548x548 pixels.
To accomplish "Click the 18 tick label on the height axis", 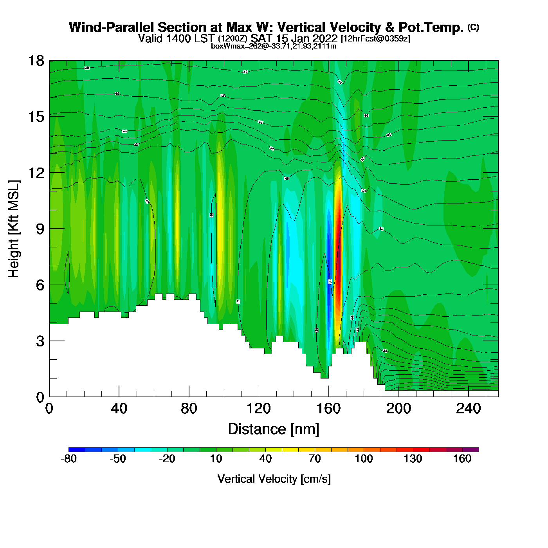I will [x=36, y=61].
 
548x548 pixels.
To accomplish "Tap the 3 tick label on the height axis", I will [x=40, y=341].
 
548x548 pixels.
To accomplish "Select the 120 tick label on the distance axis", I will [x=259, y=409].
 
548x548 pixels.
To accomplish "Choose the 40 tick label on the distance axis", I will [x=119, y=409].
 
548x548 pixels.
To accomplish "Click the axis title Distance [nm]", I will [x=274, y=429].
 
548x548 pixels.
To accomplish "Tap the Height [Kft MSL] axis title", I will [x=14, y=229].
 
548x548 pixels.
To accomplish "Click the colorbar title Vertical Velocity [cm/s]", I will [x=274, y=479].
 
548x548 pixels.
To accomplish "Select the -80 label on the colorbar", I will [x=69, y=459].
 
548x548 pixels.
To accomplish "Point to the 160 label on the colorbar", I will [x=462, y=459].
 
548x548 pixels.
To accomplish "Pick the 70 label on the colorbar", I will [x=315, y=459].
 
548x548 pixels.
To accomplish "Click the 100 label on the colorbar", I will [x=364, y=459].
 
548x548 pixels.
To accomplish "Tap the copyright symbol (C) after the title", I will [x=473, y=27].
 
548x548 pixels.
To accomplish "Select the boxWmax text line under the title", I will [x=274, y=46].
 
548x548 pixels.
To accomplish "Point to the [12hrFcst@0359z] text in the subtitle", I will [x=376, y=39].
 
